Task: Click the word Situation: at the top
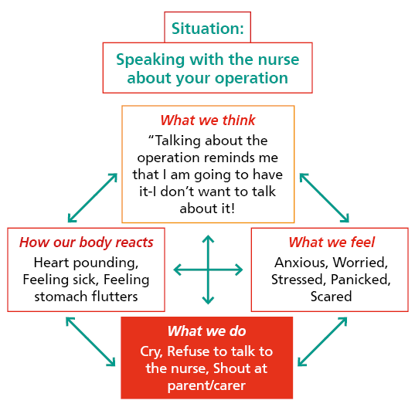(207, 29)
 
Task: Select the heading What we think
(208, 120)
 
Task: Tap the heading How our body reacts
(87, 243)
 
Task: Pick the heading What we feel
(331, 243)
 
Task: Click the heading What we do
(206, 331)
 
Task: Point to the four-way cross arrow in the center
(208, 270)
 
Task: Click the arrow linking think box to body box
(94, 197)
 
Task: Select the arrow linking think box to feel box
(324, 197)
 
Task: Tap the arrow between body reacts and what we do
(91, 340)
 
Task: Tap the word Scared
(331, 297)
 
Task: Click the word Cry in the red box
(152, 351)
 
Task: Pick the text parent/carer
(206, 385)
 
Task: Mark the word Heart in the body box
(53, 263)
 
